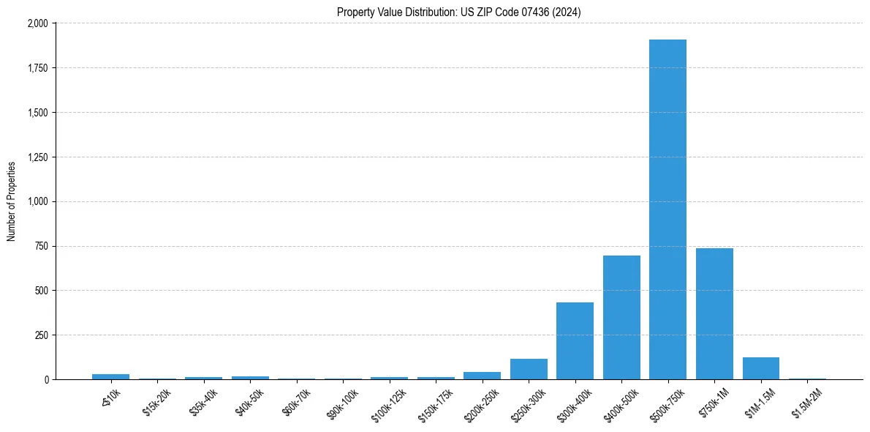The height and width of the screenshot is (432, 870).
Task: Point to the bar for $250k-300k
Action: [x=529, y=369]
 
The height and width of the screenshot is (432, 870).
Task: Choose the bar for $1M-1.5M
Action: [x=761, y=368]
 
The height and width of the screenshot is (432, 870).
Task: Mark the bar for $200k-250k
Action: [x=483, y=376]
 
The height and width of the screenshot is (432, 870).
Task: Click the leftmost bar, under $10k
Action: [x=111, y=376]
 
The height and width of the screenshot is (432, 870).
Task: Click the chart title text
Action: [x=459, y=12]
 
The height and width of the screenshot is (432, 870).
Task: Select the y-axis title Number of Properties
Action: [x=12, y=201]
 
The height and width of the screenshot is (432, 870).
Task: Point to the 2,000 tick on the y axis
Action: [x=37, y=23]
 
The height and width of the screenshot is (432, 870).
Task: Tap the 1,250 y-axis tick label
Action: [x=37, y=157]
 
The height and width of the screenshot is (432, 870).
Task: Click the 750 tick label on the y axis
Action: [x=41, y=246]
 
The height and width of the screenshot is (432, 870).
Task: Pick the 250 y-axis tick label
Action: [x=41, y=335]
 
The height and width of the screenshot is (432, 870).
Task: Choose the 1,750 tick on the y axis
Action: [x=37, y=68]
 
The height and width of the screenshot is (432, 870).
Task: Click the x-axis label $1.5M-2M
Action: [x=807, y=402]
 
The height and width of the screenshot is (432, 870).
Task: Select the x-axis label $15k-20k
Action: [x=158, y=401]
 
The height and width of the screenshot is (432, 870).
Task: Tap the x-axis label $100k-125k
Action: [x=389, y=402]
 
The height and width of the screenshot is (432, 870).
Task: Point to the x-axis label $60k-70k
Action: [x=297, y=401]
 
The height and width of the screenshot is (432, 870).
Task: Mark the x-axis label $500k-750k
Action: [x=667, y=402]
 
